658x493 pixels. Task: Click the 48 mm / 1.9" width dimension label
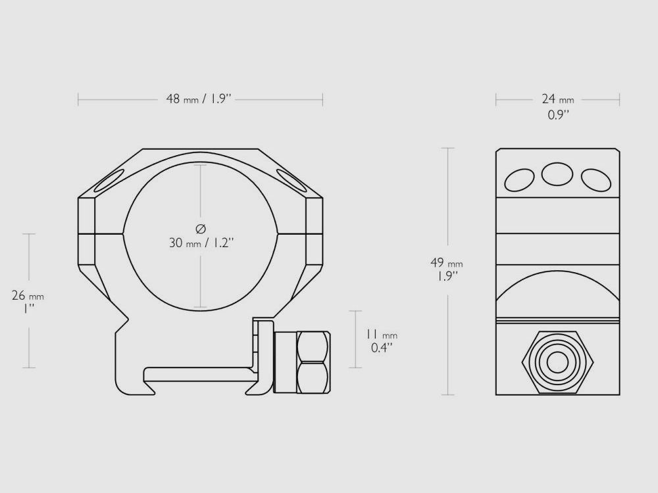[199, 99]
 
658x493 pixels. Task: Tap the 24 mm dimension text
[558, 99]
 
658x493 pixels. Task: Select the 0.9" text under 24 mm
[558, 114]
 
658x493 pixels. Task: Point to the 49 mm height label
[447, 263]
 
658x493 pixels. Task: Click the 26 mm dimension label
[28, 296]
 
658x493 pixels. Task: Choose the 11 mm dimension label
[382, 335]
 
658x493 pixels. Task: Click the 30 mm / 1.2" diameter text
[201, 243]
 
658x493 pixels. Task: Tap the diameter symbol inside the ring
[201, 229]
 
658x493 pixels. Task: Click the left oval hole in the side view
[519, 180]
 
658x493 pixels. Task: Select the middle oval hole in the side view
[557, 174]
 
